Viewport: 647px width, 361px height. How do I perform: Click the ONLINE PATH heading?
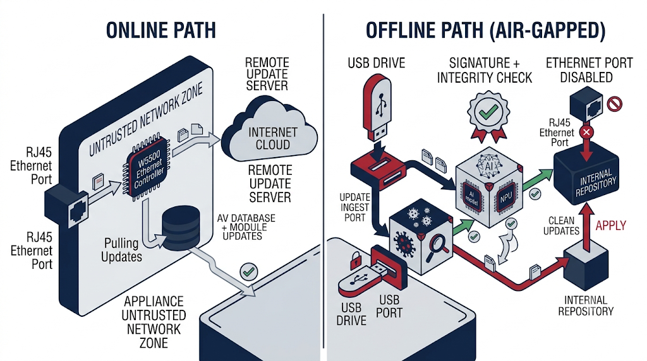coord(161,30)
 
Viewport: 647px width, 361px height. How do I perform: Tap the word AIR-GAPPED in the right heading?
coord(547,30)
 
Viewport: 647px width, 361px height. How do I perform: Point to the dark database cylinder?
coord(181,228)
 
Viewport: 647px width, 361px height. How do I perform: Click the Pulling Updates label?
coord(121,250)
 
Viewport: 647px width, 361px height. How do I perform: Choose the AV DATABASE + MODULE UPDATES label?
coord(246,227)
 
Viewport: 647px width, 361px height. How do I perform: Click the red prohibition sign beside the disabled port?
coord(614,104)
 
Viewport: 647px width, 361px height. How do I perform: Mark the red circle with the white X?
coord(586,133)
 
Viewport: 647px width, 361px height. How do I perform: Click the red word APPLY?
coord(611,225)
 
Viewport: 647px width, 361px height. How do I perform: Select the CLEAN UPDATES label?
coord(561,226)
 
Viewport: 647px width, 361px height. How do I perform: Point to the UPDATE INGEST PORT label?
coord(355,207)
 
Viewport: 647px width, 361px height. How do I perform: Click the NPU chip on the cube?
coord(506,198)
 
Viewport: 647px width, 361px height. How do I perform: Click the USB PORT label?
coord(389,307)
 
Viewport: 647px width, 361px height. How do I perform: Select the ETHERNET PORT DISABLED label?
coord(589,70)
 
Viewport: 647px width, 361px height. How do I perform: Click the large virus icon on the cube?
coord(404,244)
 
